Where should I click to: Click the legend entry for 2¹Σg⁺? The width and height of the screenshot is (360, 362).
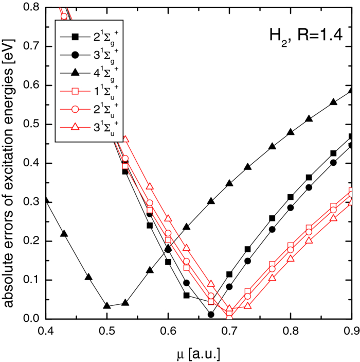pyautogui.click(x=91, y=37)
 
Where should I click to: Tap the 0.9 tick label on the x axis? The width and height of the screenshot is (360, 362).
pyautogui.click(x=352, y=329)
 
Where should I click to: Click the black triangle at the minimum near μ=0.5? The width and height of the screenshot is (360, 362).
pyautogui.click(x=107, y=306)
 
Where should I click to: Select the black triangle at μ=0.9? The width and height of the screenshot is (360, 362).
pyautogui.click(x=352, y=90)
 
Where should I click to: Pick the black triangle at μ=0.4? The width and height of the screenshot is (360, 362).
pyautogui.click(x=46, y=200)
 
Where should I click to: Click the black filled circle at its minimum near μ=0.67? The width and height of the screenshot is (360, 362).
pyautogui.click(x=211, y=315)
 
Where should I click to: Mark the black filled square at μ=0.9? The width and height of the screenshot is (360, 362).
pyautogui.click(x=352, y=137)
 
